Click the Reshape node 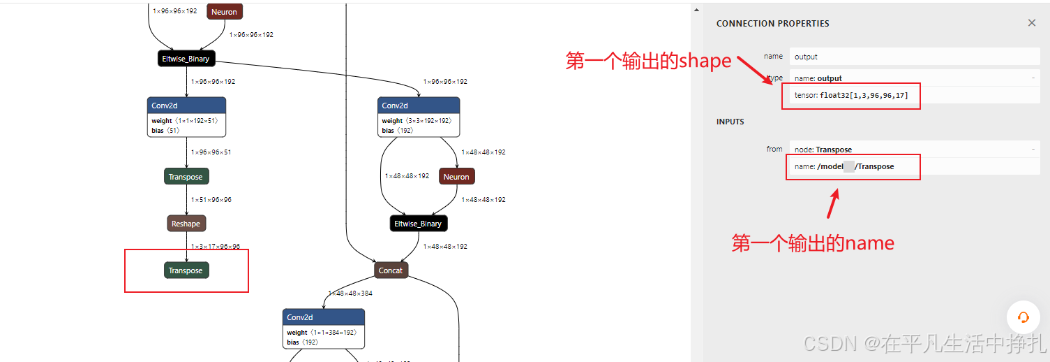[x=186, y=224]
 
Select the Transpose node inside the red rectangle [x=186, y=270]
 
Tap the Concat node [x=391, y=270]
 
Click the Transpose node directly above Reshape [x=186, y=177]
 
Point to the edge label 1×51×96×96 [x=211, y=200]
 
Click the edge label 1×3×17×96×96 [x=216, y=247]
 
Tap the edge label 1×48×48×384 [x=350, y=294]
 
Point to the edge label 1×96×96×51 [x=211, y=152]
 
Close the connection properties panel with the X [x=1032, y=23]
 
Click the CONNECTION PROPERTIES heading [x=772, y=24]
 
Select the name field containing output [x=914, y=57]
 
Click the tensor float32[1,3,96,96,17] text [x=851, y=95]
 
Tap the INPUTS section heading [x=730, y=122]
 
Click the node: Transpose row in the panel [x=823, y=149]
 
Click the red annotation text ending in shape [x=648, y=61]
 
